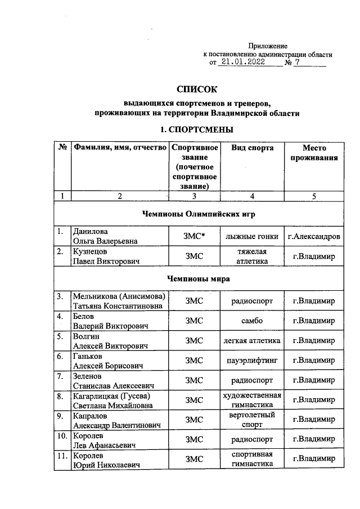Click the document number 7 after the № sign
coord(298,63)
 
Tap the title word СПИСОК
coord(196,89)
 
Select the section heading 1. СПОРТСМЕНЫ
coord(196,129)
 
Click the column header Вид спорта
coord(253,148)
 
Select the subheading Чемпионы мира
coord(197,278)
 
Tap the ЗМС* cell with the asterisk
coord(193,236)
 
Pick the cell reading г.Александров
coord(313,236)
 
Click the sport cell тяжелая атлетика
coord(253,256)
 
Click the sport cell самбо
coord(253,321)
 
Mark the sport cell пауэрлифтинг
coord(253,360)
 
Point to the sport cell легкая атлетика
coord(253,340)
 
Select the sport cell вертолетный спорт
coord(253,419)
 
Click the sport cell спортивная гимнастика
coord(253,459)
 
